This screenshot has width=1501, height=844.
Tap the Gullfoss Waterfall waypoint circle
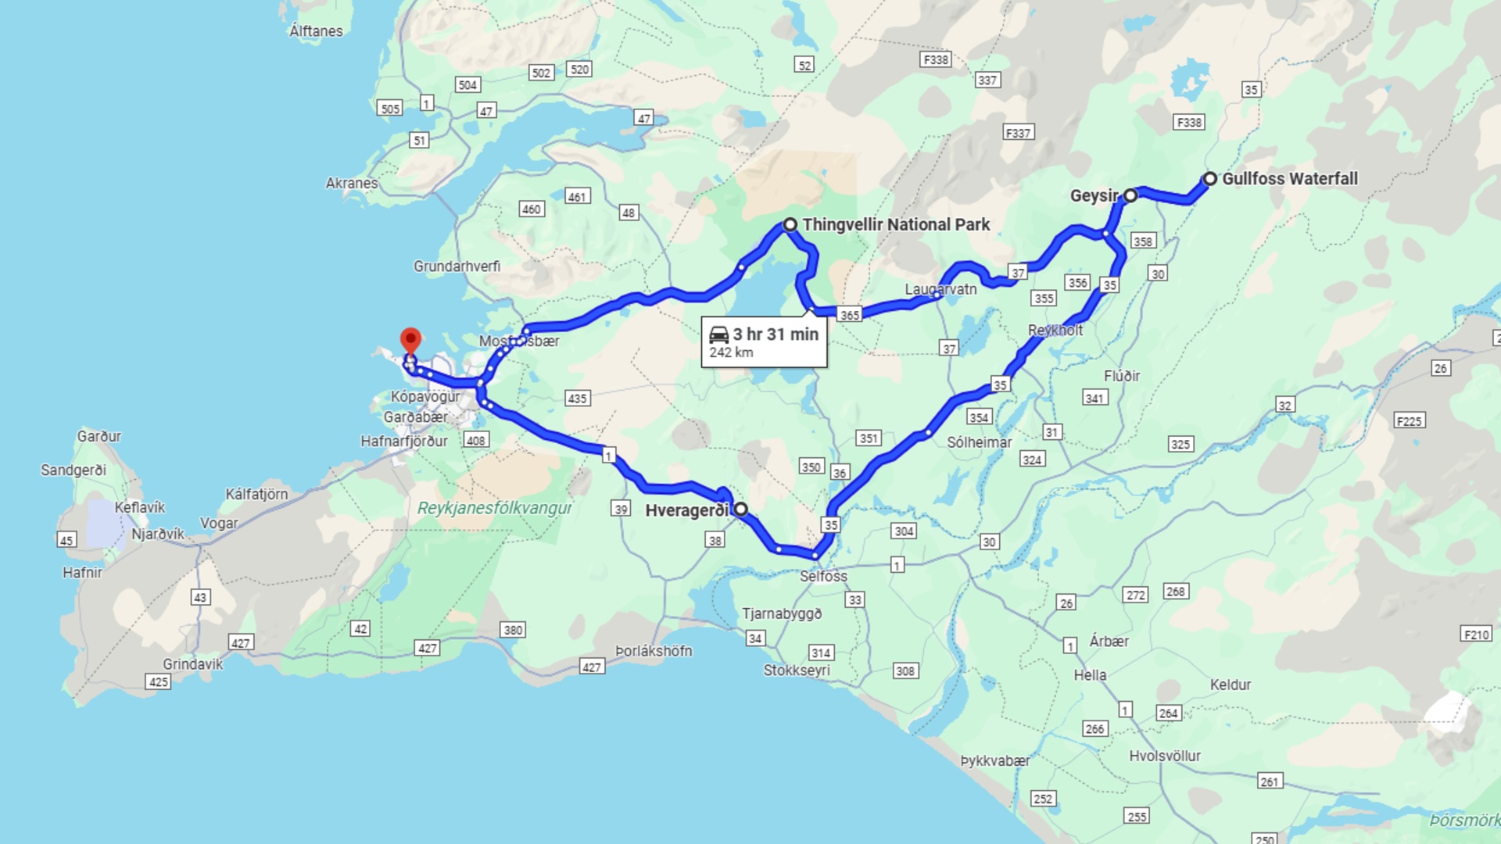(1209, 179)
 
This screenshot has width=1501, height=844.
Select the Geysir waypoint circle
(1130, 195)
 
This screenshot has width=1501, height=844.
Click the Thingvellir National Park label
(896, 225)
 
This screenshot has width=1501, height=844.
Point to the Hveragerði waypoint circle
(740, 510)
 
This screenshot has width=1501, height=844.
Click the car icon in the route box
(718, 335)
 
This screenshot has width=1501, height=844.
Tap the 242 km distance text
(731, 352)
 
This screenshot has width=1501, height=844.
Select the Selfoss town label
(823, 577)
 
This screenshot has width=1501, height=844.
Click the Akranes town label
(351, 184)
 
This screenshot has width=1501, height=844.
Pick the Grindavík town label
(192, 664)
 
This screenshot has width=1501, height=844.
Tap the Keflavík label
(140, 508)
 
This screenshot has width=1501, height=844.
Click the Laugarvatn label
(940, 290)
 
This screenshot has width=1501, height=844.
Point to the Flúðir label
(1121, 377)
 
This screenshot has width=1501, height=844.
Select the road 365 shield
(849, 315)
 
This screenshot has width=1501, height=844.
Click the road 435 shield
(577, 399)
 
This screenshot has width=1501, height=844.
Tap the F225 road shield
(1409, 421)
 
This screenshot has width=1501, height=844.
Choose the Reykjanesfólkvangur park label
(494, 509)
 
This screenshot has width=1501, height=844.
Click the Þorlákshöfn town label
(654, 652)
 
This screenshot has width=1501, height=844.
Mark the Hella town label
(1090, 676)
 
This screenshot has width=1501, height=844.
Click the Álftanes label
(316, 31)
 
